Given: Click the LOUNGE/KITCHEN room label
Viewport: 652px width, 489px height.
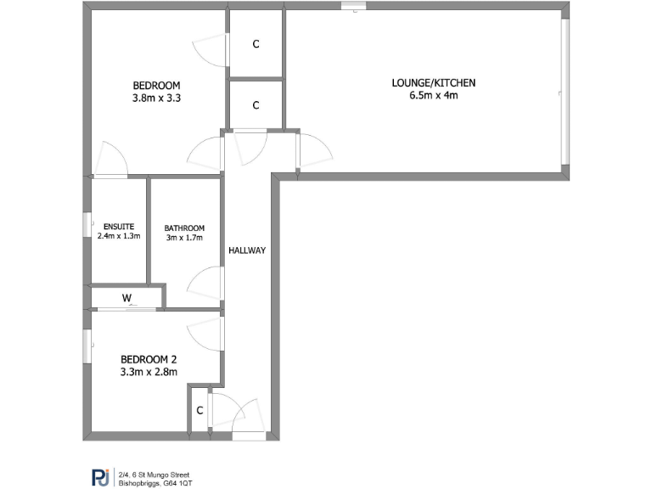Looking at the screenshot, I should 433,82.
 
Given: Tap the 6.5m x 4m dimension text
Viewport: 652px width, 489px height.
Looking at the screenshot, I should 433,95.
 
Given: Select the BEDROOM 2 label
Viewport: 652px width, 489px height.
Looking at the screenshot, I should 148,359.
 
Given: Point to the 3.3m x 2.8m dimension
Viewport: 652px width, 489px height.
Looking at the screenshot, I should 148,372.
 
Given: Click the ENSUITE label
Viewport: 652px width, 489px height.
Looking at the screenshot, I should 118,227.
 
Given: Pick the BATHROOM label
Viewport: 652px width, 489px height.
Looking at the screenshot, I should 184,228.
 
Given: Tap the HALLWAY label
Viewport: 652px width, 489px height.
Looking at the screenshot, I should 247,250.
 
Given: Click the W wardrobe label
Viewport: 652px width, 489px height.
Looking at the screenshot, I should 126,298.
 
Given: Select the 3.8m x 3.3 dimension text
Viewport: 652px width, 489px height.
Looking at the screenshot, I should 156,98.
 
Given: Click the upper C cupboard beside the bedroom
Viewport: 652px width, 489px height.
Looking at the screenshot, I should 256,44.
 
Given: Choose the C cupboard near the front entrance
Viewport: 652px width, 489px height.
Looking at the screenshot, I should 200,411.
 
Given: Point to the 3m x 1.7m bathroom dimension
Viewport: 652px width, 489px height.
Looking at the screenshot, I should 184,238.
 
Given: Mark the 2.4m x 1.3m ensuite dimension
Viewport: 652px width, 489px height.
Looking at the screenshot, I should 118,237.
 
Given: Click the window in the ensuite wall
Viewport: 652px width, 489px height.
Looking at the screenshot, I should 87,225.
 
